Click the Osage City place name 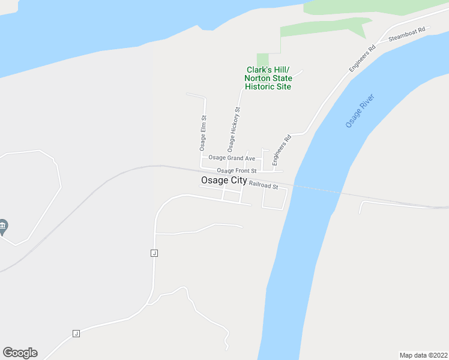pyautogui.click(x=223, y=181)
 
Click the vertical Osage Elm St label pyautogui.click(x=203, y=133)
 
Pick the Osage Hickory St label pyautogui.click(x=234, y=130)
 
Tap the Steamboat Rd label pyautogui.click(x=406, y=34)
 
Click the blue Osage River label pyautogui.click(x=360, y=110)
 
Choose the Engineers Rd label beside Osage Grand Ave pyautogui.click(x=282, y=150)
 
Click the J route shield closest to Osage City pyautogui.click(x=154, y=253)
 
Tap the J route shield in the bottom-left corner pyautogui.click(x=76, y=334)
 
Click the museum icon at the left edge pyautogui.click(x=3, y=226)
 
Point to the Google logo pyautogui.click(x=20, y=353)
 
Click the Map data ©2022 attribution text pyautogui.click(x=423, y=355)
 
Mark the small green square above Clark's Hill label pyautogui.click(x=263, y=59)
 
